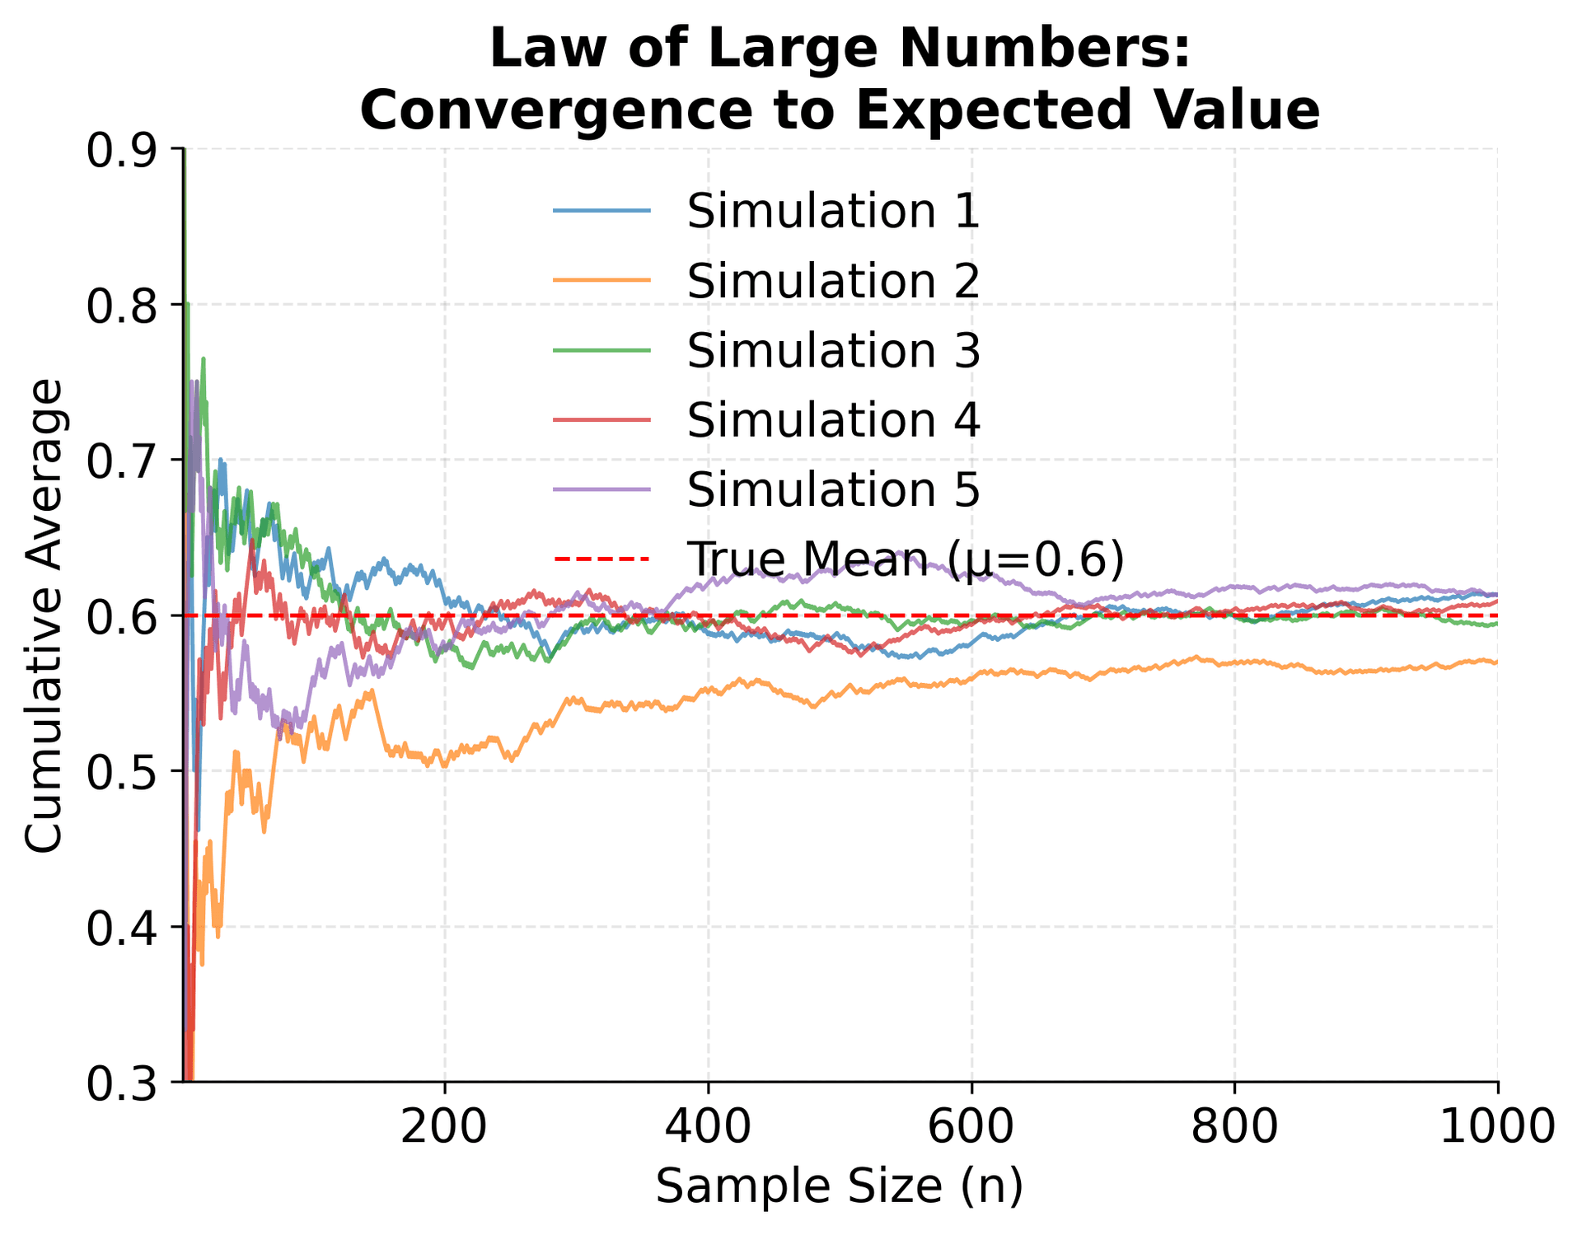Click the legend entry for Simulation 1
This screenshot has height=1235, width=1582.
pos(833,212)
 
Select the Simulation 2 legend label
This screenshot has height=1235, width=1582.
pos(833,281)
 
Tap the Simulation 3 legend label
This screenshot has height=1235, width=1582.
pos(833,350)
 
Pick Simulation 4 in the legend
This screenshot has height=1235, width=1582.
pos(833,420)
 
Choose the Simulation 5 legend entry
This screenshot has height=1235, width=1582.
pos(833,489)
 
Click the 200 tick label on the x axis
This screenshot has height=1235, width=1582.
pos(444,1125)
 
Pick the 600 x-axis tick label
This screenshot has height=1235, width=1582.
pos(971,1125)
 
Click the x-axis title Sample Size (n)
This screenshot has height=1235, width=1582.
pos(839,1187)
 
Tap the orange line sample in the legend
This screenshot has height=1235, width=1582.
pos(602,281)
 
